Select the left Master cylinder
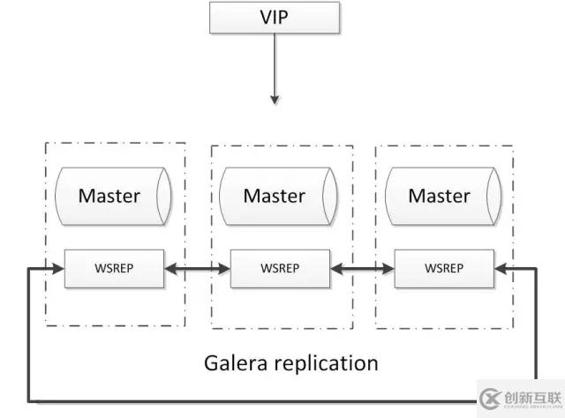click(110, 195)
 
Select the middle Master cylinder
click(275, 195)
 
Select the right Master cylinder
click(441, 195)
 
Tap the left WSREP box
click(114, 267)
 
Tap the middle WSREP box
click(280, 267)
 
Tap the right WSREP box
click(444, 267)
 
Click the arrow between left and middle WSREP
click(197, 267)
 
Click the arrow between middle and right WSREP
click(362, 267)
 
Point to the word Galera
click(237, 362)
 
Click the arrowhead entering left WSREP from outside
click(59, 267)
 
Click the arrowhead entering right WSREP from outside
click(501, 267)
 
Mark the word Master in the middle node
click(274, 195)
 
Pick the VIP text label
click(274, 19)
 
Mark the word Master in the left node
click(109, 195)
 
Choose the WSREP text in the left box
click(114, 267)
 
